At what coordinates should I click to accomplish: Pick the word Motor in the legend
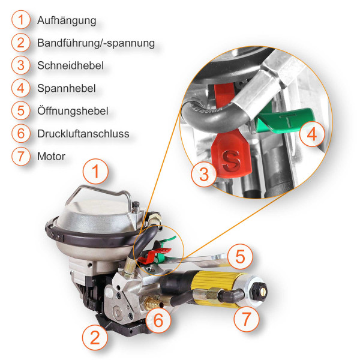[x=51, y=157]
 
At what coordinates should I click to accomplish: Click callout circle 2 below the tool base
[x=94, y=337]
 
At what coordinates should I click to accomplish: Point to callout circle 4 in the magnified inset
[x=311, y=135]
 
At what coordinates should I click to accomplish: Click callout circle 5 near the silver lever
[x=239, y=257]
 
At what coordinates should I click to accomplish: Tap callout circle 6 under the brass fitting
[x=158, y=320]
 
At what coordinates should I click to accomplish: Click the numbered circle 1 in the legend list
[x=21, y=20]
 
